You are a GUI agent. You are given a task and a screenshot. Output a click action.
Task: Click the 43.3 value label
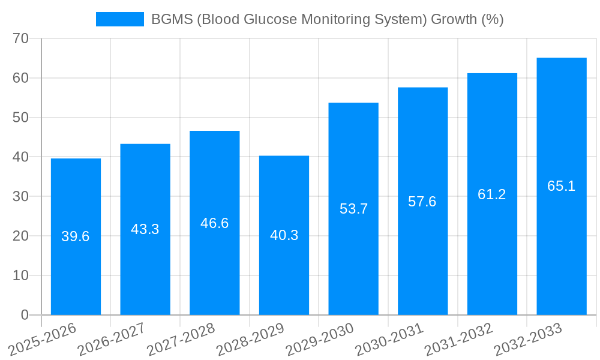coord(145,229)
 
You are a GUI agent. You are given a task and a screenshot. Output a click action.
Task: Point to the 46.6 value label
coord(214,223)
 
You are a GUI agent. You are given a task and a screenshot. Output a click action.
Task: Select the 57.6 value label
coord(422,202)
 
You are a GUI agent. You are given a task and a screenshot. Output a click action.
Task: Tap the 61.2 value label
coord(492,194)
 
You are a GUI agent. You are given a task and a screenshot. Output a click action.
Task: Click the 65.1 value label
coord(562,186)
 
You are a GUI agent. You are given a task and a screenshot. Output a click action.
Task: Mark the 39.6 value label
coord(76,236)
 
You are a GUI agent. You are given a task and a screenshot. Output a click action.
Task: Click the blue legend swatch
coord(120,19)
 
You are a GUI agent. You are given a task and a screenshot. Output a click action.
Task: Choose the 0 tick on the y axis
coord(25,315)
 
